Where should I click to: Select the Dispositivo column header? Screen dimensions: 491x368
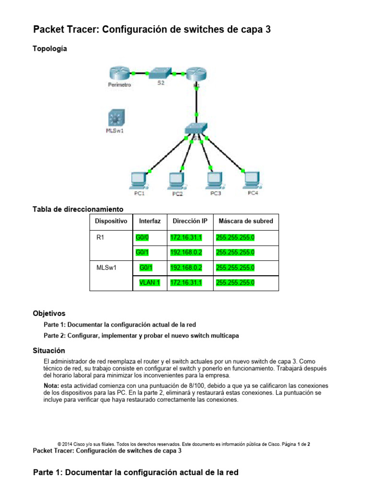pyautogui.click(x=111, y=221)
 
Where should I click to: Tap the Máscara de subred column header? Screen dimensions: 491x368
pyautogui.click(x=246, y=221)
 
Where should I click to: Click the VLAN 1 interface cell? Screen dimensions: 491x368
pyautogui.click(x=149, y=283)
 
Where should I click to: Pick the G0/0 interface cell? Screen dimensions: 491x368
pyautogui.click(x=143, y=237)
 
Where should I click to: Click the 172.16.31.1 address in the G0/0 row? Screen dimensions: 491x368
pyautogui.click(x=186, y=237)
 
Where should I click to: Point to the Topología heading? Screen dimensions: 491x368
pyautogui.click(x=50, y=48)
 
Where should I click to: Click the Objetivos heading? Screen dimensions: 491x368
pyautogui.click(x=49, y=314)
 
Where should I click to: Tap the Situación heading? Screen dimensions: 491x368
pyautogui.click(x=48, y=351)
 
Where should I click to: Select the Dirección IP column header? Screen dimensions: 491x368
pyautogui.click(x=190, y=221)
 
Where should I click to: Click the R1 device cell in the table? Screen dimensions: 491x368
pyautogui.click(x=100, y=237)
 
